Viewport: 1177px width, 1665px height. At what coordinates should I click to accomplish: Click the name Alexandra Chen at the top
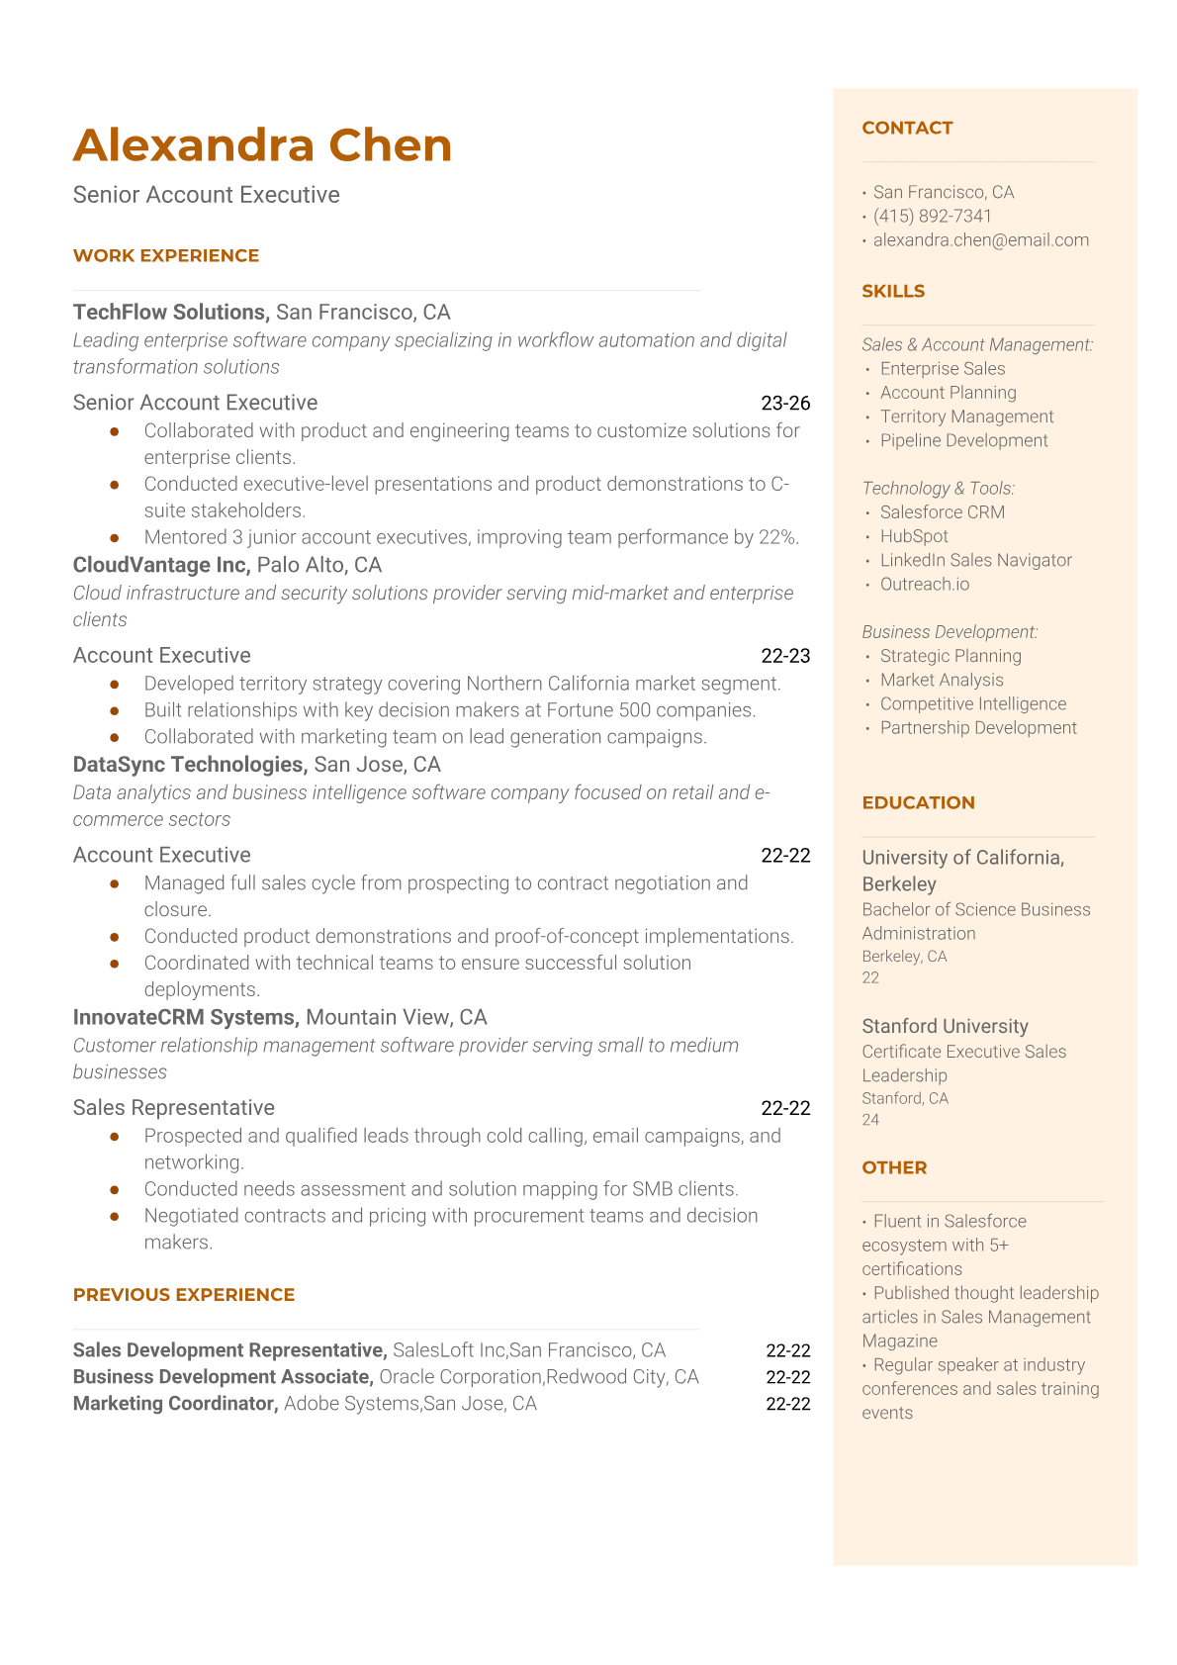[262, 145]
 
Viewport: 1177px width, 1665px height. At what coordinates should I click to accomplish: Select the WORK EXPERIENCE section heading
[166, 255]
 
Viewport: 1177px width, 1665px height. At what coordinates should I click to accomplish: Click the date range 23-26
[785, 403]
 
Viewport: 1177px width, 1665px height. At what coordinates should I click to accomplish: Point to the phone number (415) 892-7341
[932, 216]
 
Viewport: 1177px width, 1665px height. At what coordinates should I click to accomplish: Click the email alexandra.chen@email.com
[980, 239]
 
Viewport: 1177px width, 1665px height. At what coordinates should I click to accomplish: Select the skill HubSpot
[914, 536]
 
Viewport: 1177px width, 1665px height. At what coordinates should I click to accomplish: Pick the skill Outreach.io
[925, 584]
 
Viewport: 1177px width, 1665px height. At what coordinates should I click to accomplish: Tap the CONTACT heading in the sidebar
[907, 128]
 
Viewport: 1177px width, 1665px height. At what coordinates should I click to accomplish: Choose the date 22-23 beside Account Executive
[785, 656]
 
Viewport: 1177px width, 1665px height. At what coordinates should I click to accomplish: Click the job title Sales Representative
[174, 1108]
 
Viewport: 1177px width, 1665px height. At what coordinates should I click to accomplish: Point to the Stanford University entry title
[945, 1026]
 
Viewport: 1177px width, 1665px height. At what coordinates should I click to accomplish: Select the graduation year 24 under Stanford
[870, 1120]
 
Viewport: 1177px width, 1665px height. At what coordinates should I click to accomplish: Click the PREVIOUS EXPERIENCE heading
[184, 1295]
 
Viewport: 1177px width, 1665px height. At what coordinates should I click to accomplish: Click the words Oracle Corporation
[460, 1377]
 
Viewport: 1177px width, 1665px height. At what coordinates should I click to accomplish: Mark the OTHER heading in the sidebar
[894, 1167]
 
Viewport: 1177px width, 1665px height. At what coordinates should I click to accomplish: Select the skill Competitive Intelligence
[973, 703]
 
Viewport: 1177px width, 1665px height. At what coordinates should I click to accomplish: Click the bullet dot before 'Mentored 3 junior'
[115, 538]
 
